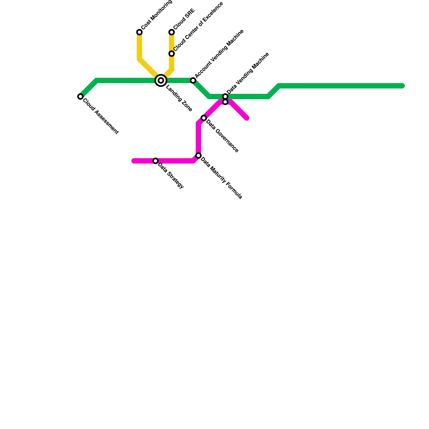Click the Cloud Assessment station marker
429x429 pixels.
pyautogui.click(x=80, y=97)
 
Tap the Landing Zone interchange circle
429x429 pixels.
pyautogui.click(x=161, y=80)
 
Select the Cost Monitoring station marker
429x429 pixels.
pyautogui.click(x=139, y=32)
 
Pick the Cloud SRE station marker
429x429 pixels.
pyautogui.click(x=172, y=32)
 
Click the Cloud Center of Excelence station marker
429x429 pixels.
pyautogui.click(x=172, y=54)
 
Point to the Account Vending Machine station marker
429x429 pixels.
pyautogui.click(x=193, y=80)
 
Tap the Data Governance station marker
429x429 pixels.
pyautogui.click(x=204, y=118)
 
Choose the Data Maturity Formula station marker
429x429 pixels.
pyautogui.click(x=198, y=156)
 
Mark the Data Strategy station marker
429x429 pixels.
pyautogui.click(x=156, y=161)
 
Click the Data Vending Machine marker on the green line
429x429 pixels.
pyautogui.click(x=225, y=97)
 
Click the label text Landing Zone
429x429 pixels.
pyautogui.click(x=179, y=98)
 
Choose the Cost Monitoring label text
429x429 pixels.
pyautogui.click(x=157, y=15)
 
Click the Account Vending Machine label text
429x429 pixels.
pyautogui.click(x=219, y=53)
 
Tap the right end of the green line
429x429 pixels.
pyautogui.click(x=402, y=86)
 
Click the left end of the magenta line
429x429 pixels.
pyautogui.click(x=134, y=161)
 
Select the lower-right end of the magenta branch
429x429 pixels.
pyautogui.click(x=247, y=118)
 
